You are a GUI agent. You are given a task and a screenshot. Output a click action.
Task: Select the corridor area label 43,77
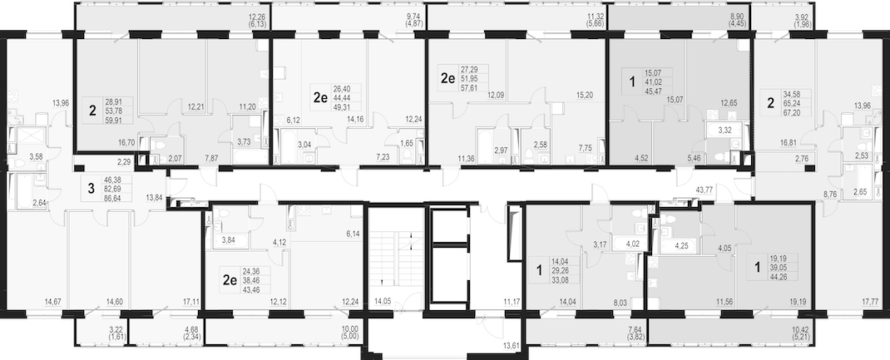pos(704,190)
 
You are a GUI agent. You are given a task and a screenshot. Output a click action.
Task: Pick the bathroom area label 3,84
pos(227,240)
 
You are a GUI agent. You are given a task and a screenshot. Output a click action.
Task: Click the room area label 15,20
pos(584,96)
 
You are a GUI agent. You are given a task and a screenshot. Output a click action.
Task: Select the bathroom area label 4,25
pos(682,246)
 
